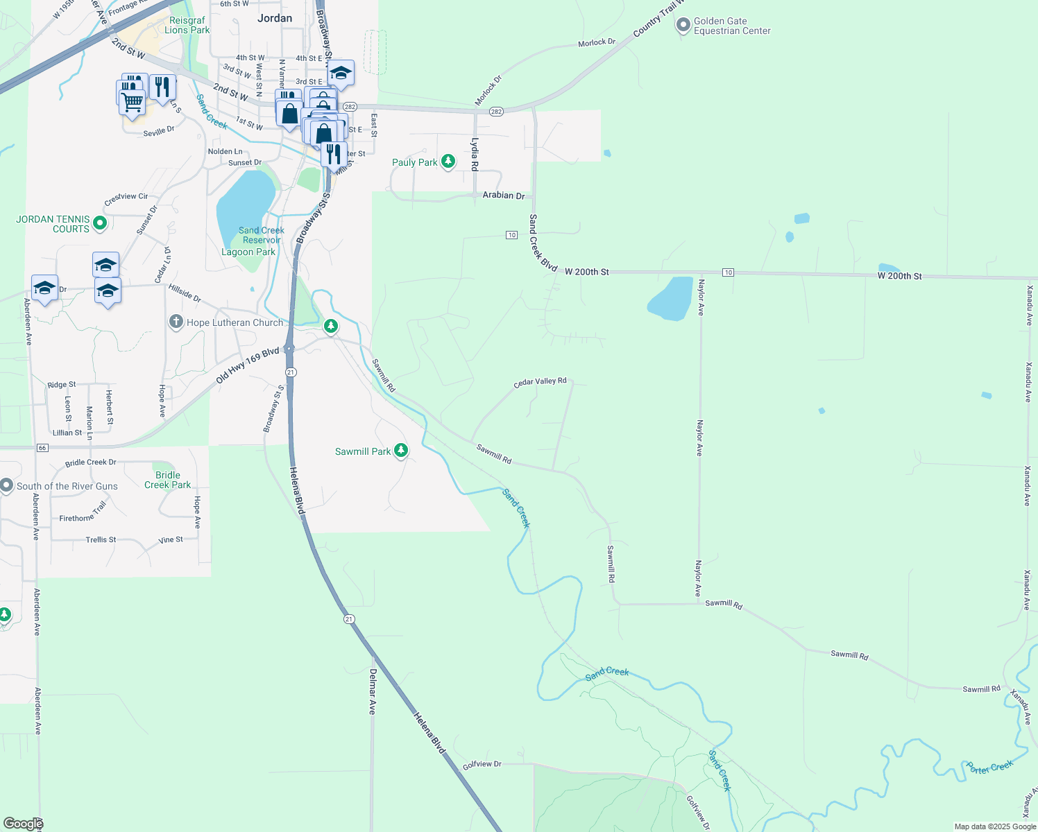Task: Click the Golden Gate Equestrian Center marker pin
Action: coord(682,26)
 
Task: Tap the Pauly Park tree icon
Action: coord(448,162)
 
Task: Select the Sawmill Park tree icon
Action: coord(400,451)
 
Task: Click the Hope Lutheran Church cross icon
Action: coord(176,322)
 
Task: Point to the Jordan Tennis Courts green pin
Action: coord(99,223)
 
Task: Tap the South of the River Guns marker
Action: coord(7,485)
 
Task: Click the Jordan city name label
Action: coord(275,18)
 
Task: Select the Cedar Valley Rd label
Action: coord(540,381)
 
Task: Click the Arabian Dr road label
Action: coord(504,196)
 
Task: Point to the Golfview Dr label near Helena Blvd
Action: coord(482,764)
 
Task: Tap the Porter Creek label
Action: coord(989,767)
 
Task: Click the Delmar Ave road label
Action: coord(373,691)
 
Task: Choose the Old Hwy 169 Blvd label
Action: coord(247,366)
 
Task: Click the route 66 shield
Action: coord(42,448)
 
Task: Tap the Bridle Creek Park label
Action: coord(168,480)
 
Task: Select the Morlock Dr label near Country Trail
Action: coord(597,43)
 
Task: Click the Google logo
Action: coord(23,824)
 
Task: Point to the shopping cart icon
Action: coord(132,102)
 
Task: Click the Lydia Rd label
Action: coord(475,154)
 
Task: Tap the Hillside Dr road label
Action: coord(184,294)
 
